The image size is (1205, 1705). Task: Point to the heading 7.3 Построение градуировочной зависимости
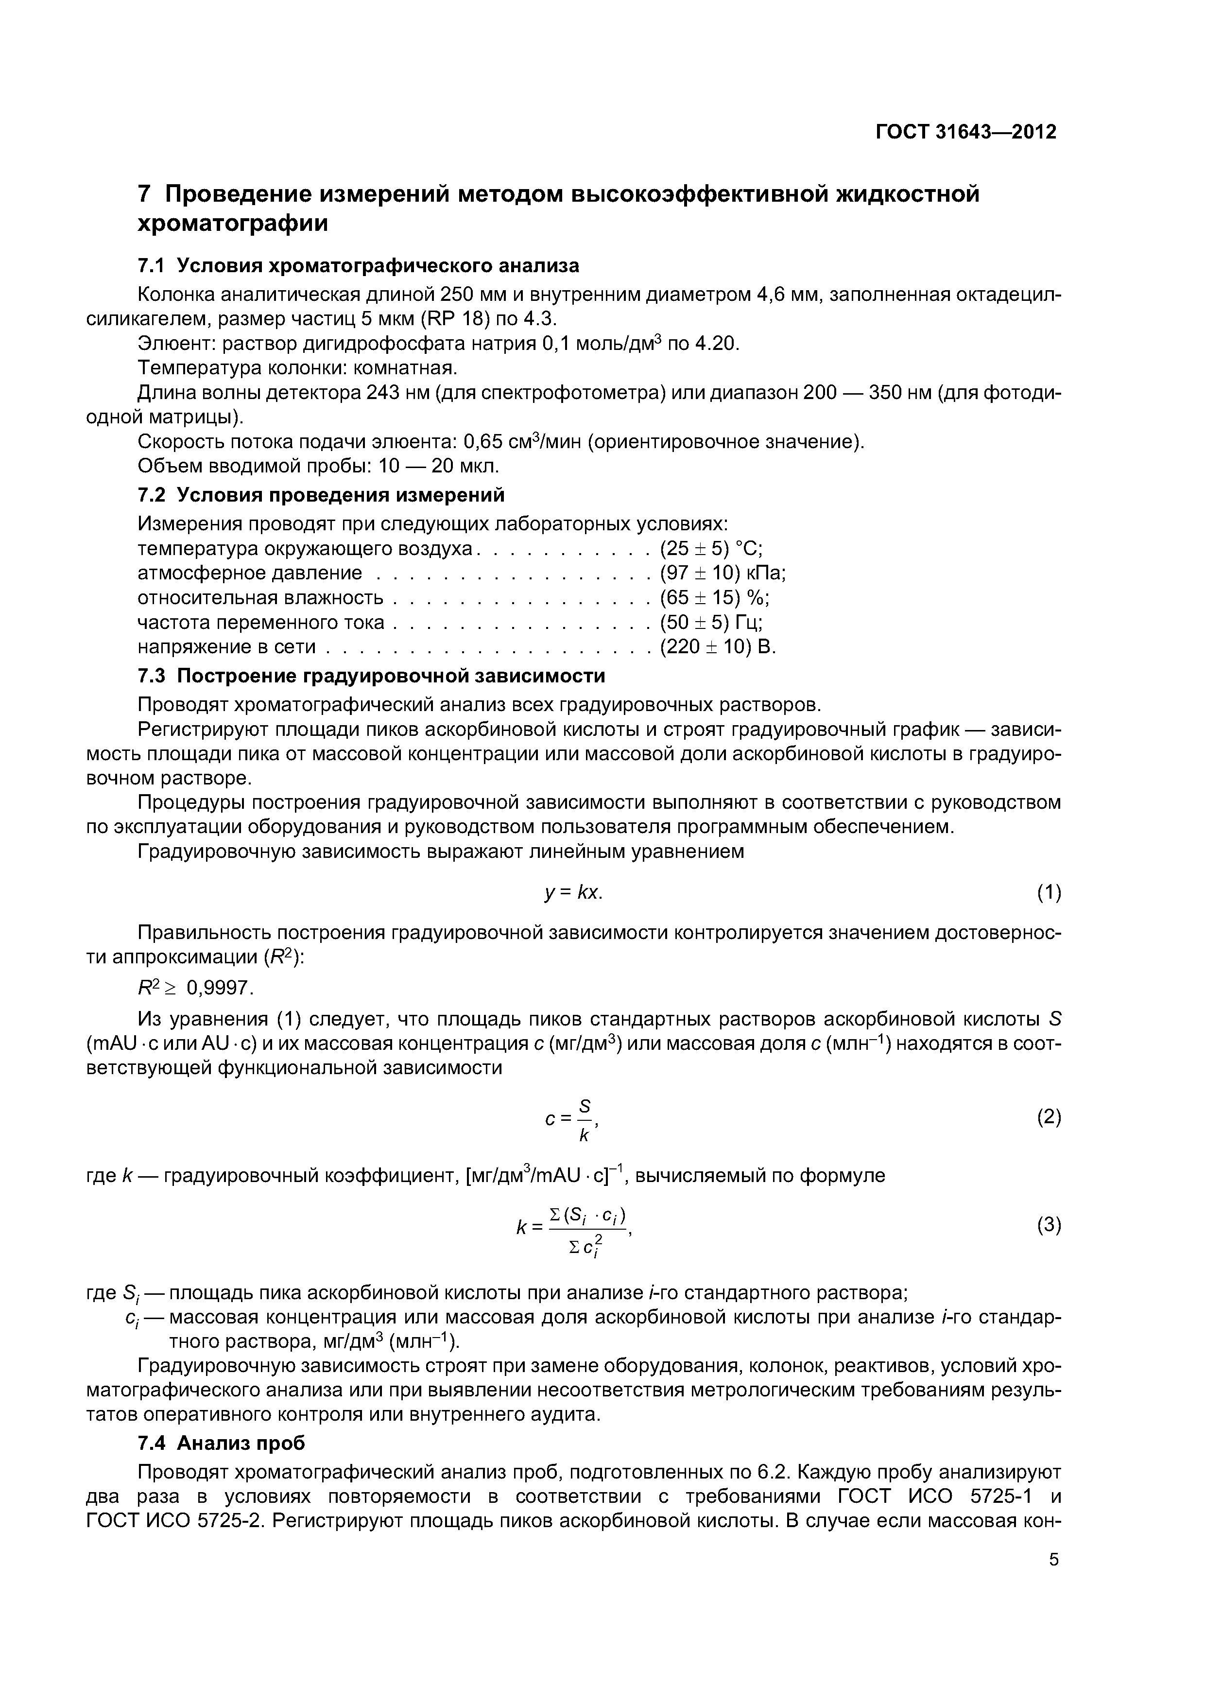(371, 676)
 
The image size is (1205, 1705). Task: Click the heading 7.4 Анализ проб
(221, 1443)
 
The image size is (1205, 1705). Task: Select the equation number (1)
(1049, 893)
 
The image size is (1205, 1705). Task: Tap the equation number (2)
(1049, 1117)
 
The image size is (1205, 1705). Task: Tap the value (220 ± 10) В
(717, 647)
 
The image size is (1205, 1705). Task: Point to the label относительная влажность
(260, 598)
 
